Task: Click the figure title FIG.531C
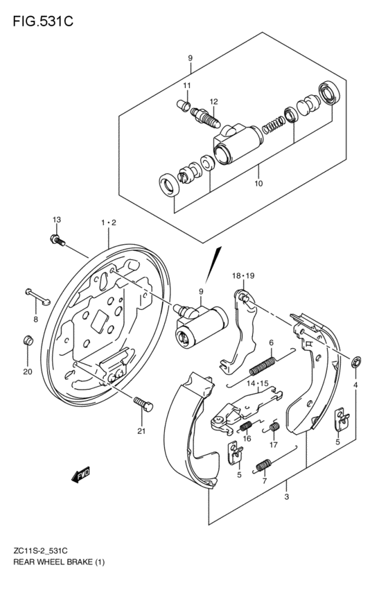coord(42,20)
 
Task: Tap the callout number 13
coord(57,220)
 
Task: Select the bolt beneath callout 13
coord(58,241)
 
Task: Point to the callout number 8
coord(36,320)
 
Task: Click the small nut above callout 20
coord(28,340)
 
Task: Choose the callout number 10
coord(258,184)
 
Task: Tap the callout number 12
coord(214,101)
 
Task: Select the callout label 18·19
coord(244,276)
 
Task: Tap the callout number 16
coord(247,438)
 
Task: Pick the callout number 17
coord(274,445)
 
